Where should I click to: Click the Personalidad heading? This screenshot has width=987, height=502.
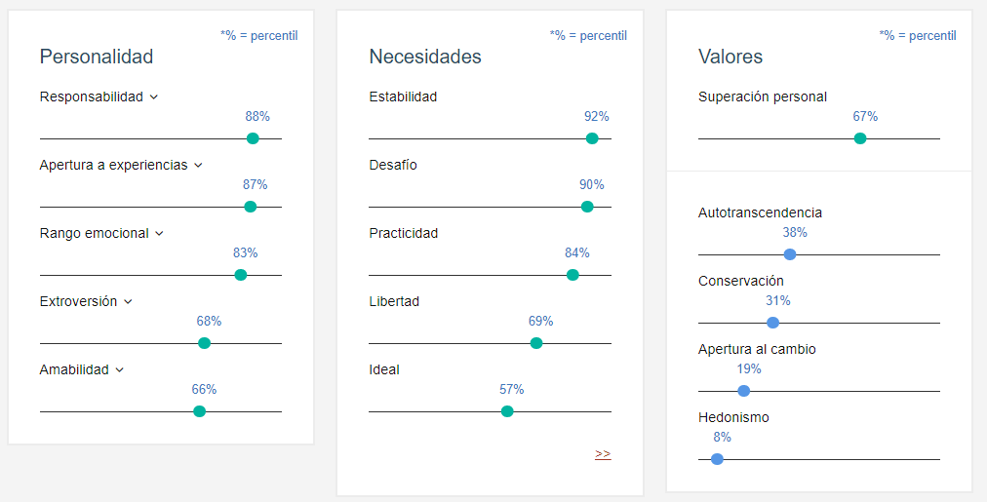click(x=97, y=57)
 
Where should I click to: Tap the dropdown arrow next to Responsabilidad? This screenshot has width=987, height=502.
click(x=154, y=97)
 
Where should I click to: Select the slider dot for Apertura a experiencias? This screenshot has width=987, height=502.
click(x=251, y=207)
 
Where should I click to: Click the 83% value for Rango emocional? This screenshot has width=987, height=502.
click(x=245, y=252)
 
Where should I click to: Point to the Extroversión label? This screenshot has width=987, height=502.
click(x=78, y=301)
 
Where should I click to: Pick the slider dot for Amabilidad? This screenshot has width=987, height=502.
click(x=200, y=411)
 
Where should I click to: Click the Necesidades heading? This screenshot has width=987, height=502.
click(x=425, y=57)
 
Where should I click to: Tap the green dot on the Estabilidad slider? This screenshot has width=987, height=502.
click(x=592, y=138)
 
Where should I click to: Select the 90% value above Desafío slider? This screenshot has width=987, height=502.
click(x=592, y=184)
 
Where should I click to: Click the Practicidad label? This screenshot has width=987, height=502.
click(x=404, y=233)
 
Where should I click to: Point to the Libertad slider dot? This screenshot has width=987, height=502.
click(x=536, y=343)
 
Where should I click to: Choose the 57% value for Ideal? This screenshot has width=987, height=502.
click(x=512, y=389)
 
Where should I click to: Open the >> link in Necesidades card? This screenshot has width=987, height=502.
click(x=603, y=453)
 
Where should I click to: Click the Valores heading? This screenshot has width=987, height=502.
click(x=730, y=57)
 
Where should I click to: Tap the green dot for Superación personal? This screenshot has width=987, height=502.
click(x=860, y=138)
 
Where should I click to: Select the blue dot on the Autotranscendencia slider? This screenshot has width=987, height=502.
click(x=790, y=254)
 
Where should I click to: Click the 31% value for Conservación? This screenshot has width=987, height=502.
click(x=778, y=300)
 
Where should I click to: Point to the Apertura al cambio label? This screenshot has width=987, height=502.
click(x=757, y=349)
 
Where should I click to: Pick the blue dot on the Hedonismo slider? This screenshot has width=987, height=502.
click(x=718, y=459)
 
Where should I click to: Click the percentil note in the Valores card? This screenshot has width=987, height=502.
click(x=918, y=35)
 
